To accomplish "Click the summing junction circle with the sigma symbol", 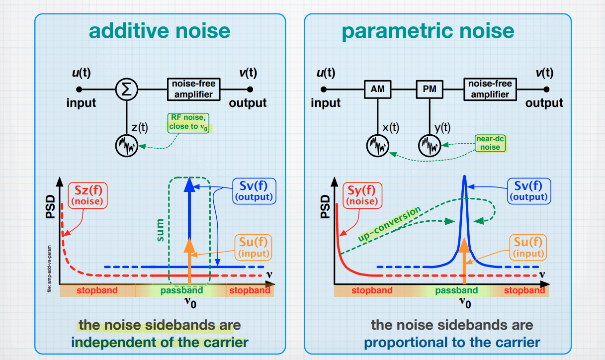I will coord(126,90).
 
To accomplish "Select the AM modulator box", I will coord(378,90).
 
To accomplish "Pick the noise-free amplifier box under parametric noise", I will coord(490,90).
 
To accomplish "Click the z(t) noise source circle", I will coord(126,146).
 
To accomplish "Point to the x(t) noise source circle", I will coord(378,146).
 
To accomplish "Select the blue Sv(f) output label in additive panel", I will coord(254,190).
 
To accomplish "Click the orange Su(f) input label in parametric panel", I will coord(528,248).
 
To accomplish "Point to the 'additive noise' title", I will coord(160,31).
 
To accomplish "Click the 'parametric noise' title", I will coord(428,31).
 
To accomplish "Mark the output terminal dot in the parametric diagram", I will coord(547,90).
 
